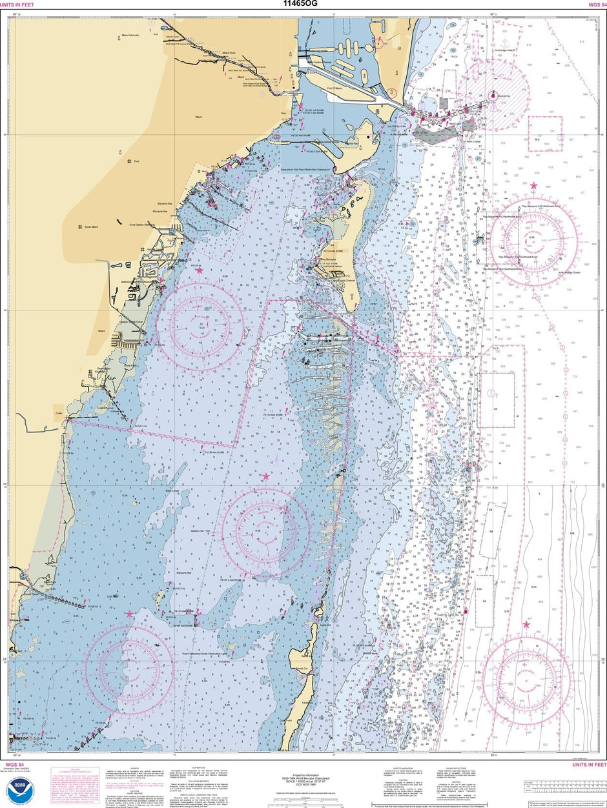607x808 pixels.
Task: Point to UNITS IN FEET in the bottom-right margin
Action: click(x=588, y=765)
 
